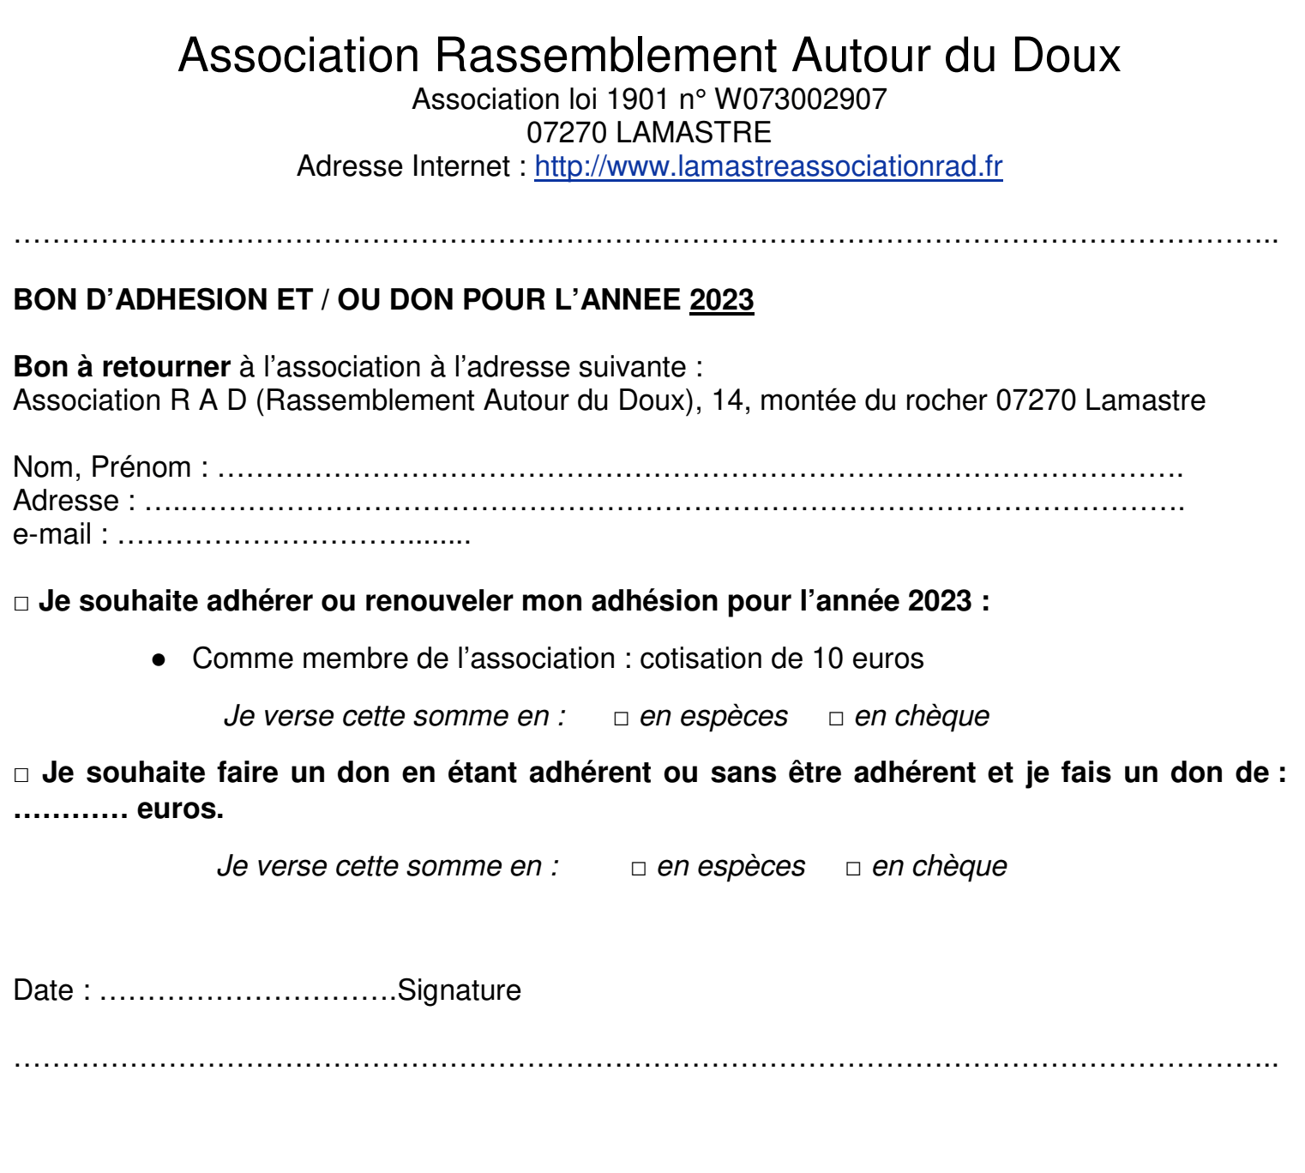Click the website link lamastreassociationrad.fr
pyautogui.click(x=768, y=166)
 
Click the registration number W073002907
pyautogui.click(x=800, y=99)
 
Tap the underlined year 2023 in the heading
pyautogui.click(x=721, y=300)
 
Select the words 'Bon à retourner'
pyautogui.click(x=122, y=367)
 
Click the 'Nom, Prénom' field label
pyautogui.click(x=102, y=467)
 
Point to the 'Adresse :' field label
pyautogui.click(x=67, y=501)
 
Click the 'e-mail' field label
pyautogui.click(x=52, y=534)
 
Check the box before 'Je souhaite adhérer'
pyautogui.click(x=21, y=604)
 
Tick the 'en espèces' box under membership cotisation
pyautogui.click(x=622, y=719)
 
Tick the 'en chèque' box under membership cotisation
pyautogui.click(x=836, y=719)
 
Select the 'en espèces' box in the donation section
pyautogui.click(x=639, y=869)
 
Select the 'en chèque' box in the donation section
pyautogui.click(x=853, y=869)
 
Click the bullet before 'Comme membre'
pyautogui.click(x=159, y=659)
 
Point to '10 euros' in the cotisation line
pyautogui.click(x=868, y=659)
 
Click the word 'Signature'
pyautogui.click(x=460, y=990)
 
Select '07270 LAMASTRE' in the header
pyautogui.click(x=649, y=133)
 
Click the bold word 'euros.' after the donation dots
pyautogui.click(x=180, y=809)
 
